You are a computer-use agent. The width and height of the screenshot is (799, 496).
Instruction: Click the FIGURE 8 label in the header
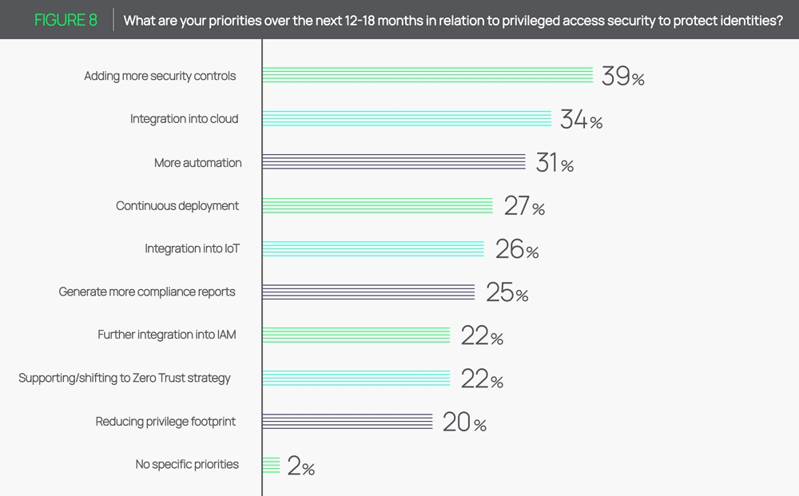66,20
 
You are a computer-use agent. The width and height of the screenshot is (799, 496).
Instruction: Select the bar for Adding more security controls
427,75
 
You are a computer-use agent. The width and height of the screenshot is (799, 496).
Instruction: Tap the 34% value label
581,120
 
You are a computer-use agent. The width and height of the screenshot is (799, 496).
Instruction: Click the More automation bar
394,162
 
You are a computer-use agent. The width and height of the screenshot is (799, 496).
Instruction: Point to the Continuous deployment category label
177,206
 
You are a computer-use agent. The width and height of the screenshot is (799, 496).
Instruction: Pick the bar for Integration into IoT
373,248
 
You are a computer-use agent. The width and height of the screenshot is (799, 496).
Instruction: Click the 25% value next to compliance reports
507,292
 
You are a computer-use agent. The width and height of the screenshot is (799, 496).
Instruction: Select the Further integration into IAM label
167,335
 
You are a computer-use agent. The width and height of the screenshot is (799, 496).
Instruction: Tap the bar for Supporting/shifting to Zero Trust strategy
356,378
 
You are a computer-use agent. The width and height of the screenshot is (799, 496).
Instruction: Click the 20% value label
464,422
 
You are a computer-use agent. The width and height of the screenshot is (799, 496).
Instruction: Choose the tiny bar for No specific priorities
271,465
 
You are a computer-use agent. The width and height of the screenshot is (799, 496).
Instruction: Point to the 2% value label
300,466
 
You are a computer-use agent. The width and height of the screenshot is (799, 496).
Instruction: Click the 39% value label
622,77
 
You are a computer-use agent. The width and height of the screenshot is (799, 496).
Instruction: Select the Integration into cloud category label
185,119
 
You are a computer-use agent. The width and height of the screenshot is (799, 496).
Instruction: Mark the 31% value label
555,163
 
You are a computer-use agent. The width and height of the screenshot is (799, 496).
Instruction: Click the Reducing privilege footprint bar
348,421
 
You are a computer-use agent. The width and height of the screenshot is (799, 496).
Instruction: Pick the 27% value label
524,206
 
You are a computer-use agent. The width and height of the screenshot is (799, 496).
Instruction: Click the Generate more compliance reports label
147,292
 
